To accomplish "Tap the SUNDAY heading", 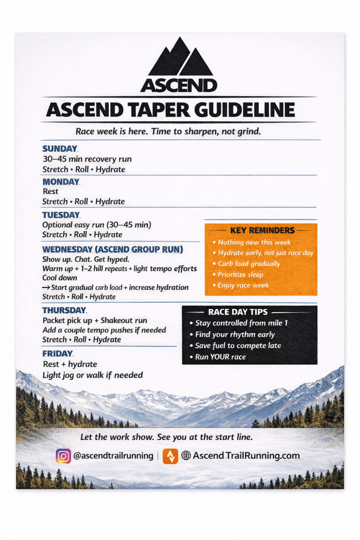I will pos(60,149).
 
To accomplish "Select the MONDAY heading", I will pos(61,182).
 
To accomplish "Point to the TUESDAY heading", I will pos(61,215).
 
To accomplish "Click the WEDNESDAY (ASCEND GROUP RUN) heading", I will pos(113,249).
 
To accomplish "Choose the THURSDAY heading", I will pos(64,311).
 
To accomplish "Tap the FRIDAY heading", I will pos(57,353).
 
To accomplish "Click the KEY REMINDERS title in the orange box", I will pos(262,230).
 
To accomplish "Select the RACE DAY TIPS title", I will pos(238,312).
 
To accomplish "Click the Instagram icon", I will pos(63,456).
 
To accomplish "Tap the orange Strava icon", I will pos(170,456).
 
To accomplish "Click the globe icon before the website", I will pos(186,456).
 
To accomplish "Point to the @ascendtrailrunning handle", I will pos(113,456).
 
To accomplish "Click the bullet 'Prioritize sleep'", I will pos(240,274).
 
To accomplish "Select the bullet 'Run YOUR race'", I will pos(220,357).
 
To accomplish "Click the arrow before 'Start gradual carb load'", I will pos(46,287).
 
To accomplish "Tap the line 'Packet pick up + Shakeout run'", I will pos(95,321).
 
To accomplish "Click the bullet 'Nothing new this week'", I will pos(254,242).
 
